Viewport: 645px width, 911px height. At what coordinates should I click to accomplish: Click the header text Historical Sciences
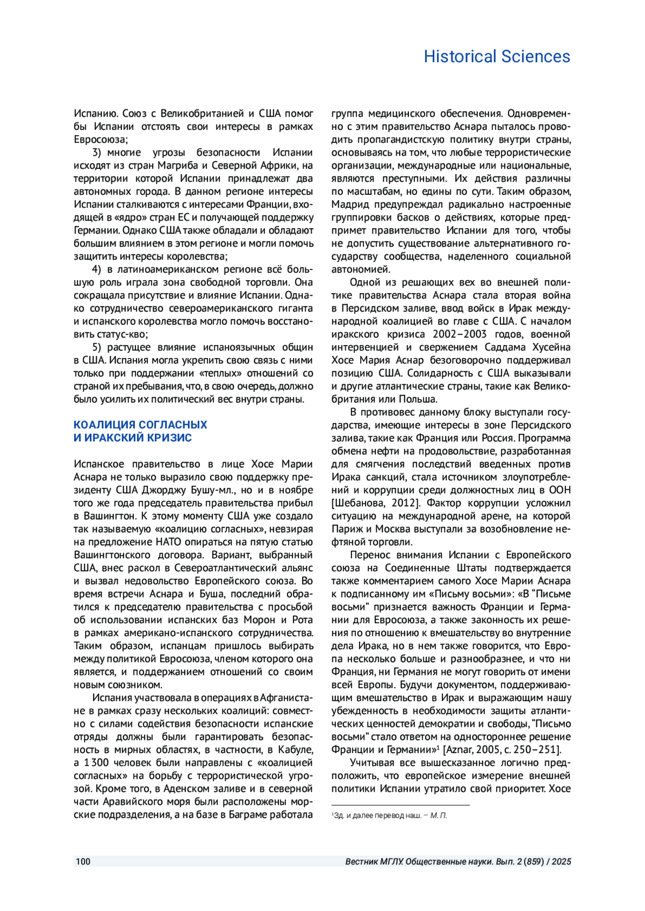click(x=497, y=56)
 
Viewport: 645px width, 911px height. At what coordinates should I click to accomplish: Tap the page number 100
click(x=83, y=862)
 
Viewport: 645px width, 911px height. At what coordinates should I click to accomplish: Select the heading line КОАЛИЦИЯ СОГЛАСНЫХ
click(x=140, y=425)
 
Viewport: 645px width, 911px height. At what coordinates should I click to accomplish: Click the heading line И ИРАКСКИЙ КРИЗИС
click(x=133, y=438)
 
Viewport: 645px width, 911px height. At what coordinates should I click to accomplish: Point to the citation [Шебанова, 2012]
click(x=375, y=503)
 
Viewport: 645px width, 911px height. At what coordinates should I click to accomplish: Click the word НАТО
click(x=168, y=542)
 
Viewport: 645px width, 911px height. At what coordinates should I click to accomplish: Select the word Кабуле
click(x=296, y=749)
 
